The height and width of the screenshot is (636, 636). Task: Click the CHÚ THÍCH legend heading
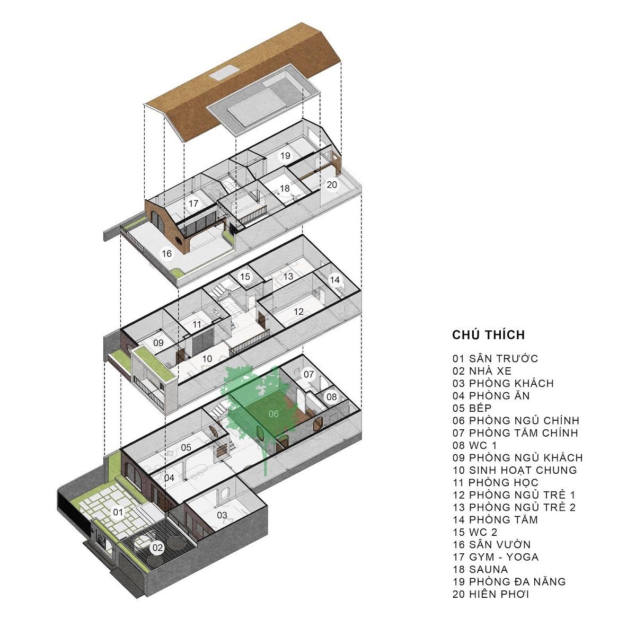[x=488, y=335]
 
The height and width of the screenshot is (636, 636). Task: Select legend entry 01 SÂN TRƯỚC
[x=495, y=359]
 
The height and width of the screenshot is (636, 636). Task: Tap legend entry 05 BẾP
[x=472, y=408]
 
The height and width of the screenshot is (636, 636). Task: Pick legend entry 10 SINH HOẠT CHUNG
[x=515, y=470]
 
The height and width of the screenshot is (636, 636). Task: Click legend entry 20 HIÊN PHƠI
[x=491, y=594]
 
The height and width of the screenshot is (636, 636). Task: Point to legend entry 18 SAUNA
[x=480, y=569]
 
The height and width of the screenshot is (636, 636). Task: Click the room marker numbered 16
[x=167, y=254]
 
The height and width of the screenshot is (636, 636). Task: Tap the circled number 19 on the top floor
[x=286, y=155]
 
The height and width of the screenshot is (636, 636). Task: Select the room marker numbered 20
[x=332, y=184]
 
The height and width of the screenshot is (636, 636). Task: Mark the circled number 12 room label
[x=298, y=312]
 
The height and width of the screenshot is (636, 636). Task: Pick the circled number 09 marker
[x=158, y=343]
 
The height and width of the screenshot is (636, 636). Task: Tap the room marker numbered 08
[x=331, y=396]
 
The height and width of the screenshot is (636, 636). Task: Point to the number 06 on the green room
[x=273, y=413]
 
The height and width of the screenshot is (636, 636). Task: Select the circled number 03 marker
[x=222, y=515]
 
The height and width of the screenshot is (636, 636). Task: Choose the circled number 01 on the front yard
[x=118, y=512]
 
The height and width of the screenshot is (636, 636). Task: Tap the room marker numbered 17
[x=193, y=204]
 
